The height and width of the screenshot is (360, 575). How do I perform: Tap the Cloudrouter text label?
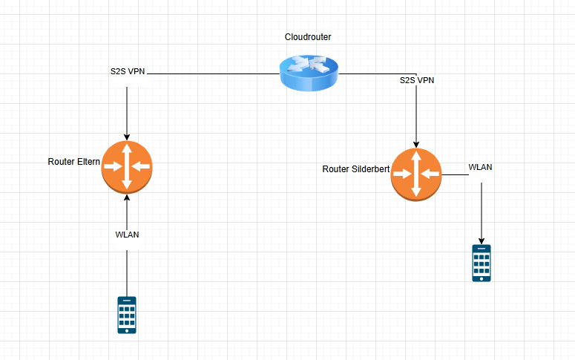(x=309, y=37)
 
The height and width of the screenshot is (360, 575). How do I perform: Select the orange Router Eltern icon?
(x=127, y=166)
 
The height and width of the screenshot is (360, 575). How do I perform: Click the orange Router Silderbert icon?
(x=416, y=174)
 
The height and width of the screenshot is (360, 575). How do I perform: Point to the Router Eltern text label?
(x=74, y=161)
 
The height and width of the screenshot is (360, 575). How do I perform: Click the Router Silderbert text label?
(x=356, y=169)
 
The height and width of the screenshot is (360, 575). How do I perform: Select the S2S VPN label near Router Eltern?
(x=127, y=72)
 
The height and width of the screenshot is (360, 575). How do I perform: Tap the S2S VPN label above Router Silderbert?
(x=416, y=79)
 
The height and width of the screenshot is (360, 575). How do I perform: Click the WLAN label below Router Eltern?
(x=127, y=235)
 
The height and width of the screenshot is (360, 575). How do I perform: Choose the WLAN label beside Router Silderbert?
(x=480, y=167)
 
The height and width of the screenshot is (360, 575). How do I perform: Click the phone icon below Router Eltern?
(x=127, y=315)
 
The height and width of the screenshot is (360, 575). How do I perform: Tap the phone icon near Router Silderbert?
(x=482, y=264)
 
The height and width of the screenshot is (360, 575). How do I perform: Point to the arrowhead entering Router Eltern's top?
(x=127, y=137)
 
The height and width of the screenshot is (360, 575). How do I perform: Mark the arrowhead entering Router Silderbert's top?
(x=416, y=145)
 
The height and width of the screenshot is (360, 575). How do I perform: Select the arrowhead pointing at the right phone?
(x=482, y=240)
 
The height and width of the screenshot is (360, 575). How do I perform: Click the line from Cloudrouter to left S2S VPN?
(x=215, y=74)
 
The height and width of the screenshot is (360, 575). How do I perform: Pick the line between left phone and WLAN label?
(x=127, y=271)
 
